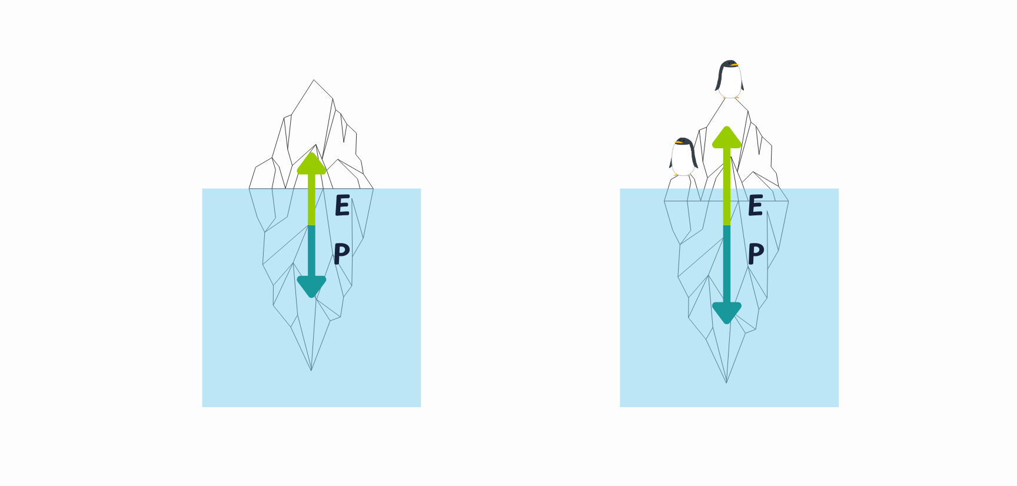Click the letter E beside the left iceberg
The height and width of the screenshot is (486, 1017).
click(x=343, y=205)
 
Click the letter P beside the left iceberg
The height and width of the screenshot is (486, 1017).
click(x=341, y=254)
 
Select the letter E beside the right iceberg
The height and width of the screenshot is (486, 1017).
click(x=756, y=205)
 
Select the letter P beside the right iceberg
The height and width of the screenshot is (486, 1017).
click(x=756, y=254)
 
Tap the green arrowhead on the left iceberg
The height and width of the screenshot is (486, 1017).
click(x=311, y=164)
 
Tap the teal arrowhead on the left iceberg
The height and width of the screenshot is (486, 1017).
click(x=311, y=287)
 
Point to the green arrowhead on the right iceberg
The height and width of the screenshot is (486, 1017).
click(x=727, y=138)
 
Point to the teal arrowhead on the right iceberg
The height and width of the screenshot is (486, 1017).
click(x=727, y=312)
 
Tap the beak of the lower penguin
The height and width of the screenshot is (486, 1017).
click(x=679, y=142)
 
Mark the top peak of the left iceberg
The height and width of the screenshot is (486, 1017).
click(x=314, y=81)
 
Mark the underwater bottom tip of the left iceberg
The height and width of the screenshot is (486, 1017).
click(x=311, y=370)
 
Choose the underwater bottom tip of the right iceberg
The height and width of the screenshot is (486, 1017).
click(x=727, y=382)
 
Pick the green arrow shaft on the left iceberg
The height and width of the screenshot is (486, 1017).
click(x=311, y=200)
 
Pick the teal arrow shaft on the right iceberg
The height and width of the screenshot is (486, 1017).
click(x=727, y=265)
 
